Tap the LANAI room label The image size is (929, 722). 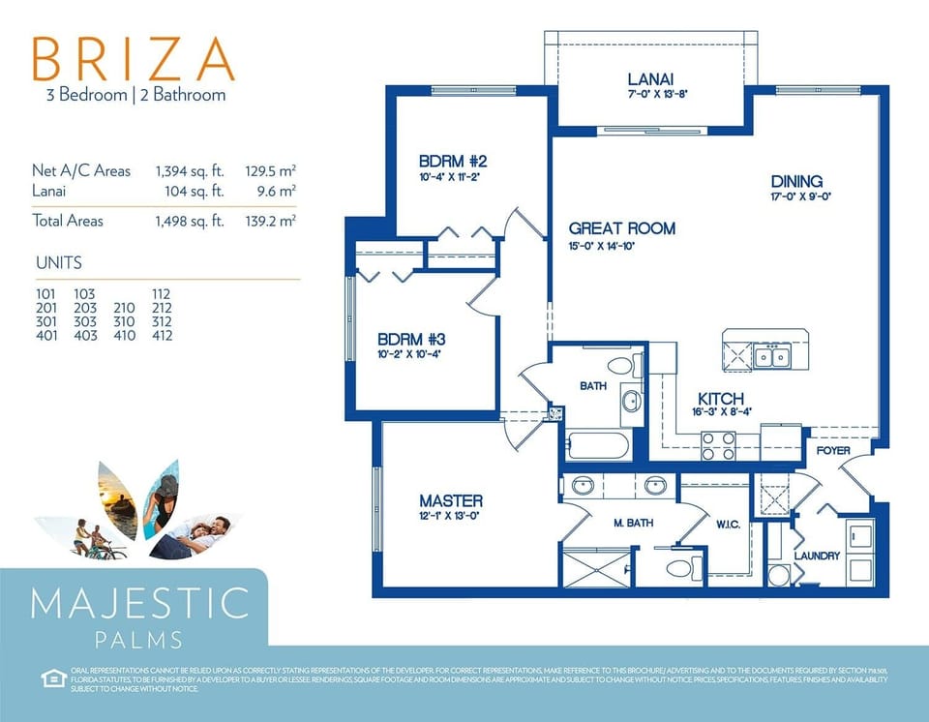coord(650,79)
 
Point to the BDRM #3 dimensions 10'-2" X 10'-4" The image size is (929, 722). coord(409,354)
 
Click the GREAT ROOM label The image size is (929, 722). coord(621,228)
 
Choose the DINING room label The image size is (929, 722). coord(796,181)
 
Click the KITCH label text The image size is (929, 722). coord(721,399)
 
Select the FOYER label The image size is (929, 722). coord(833,450)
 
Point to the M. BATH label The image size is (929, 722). coord(633,523)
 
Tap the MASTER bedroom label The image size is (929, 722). coord(450,500)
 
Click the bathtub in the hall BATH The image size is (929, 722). coord(597,446)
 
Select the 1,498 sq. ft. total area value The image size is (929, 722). coord(190,221)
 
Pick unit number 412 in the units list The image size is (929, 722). coord(162,336)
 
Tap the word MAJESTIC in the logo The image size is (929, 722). coord(140,603)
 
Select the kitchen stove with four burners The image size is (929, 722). coord(718,445)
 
